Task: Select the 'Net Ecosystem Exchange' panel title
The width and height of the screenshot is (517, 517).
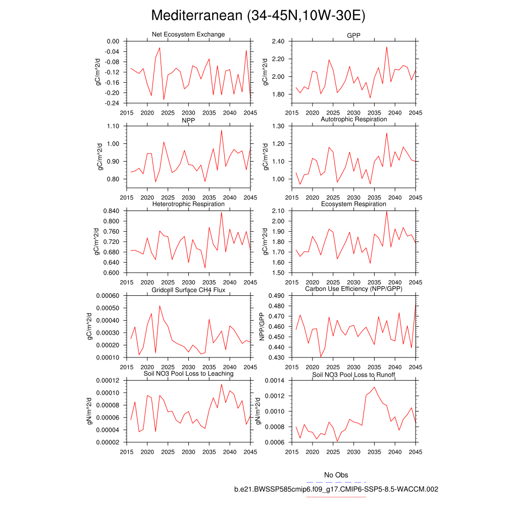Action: (x=188, y=34)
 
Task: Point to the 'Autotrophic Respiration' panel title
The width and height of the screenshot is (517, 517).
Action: (x=353, y=119)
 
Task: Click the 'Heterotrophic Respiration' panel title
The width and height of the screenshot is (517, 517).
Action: (x=188, y=204)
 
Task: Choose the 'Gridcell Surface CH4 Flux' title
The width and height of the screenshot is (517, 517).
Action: (x=188, y=289)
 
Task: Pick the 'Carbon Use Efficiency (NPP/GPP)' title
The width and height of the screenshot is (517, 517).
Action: (x=353, y=289)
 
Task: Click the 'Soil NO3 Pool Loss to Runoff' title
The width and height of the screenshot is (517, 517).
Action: (x=353, y=375)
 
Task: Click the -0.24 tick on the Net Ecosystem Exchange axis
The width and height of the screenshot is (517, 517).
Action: (x=112, y=104)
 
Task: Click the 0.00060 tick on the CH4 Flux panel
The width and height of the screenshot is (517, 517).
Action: (x=108, y=296)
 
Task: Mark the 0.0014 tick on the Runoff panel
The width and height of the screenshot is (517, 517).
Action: (x=275, y=381)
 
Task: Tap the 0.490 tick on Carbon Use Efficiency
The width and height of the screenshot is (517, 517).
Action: (x=277, y=296)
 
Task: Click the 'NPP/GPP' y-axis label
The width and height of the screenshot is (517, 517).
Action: (x=262, y=326)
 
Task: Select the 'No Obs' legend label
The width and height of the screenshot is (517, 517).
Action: (x=336, y=475)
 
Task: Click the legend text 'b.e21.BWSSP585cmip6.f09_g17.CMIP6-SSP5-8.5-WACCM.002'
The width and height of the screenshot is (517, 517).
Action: (x=336, y=489)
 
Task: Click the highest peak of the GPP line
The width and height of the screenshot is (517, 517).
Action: (x=387, y=47)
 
